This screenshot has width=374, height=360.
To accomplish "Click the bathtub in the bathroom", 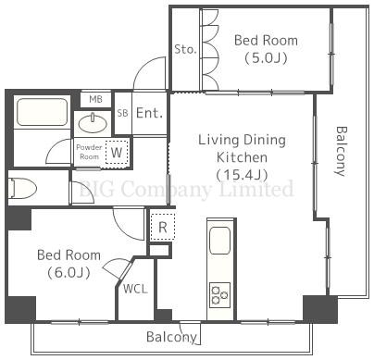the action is pos(43,112).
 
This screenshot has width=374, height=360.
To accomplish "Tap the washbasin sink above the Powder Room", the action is pos(93,124).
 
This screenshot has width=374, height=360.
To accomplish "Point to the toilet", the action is pos(22,188).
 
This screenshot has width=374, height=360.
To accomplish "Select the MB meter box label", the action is pos(95,99).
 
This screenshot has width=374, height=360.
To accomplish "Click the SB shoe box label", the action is pos(122,113).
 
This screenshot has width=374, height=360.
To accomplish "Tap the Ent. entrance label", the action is pos(149,113).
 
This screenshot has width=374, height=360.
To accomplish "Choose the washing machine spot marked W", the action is pos(117,152).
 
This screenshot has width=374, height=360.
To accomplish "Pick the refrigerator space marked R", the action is pos(163,228).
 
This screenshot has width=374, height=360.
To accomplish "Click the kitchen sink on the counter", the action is pos(219,241).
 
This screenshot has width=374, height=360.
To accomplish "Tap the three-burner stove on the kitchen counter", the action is pos(219,295).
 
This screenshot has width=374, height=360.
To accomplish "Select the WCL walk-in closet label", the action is pos(135,289).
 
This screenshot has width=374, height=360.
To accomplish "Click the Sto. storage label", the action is pos(185,49).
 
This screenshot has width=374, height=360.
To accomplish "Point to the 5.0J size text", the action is pos(266,58).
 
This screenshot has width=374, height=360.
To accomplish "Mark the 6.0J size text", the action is pos(69,273).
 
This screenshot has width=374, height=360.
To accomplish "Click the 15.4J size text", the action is pos(242,175).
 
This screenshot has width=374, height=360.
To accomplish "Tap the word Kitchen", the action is pos(242,157).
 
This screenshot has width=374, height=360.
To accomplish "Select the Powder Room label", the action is pos(89,152).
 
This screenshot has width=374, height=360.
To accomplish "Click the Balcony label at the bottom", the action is pos(171,337).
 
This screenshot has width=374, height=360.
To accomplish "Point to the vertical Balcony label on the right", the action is pos(342,151).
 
